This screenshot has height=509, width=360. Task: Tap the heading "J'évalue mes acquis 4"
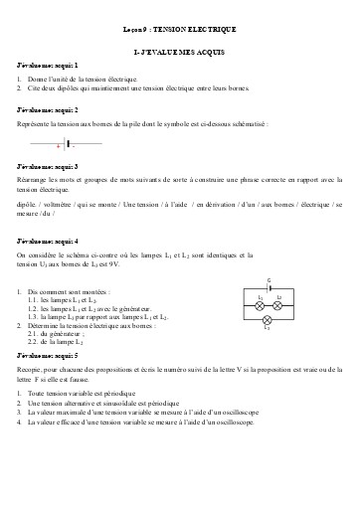(48, 241)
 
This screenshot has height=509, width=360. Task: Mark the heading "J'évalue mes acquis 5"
(48, 354)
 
